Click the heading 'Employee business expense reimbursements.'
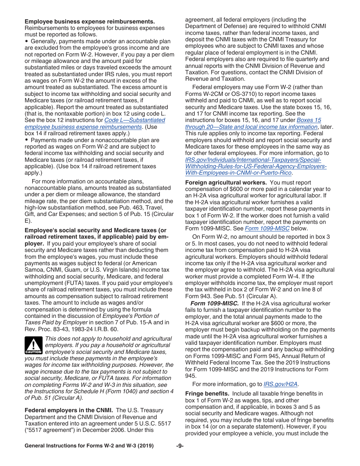(x=90, y=22)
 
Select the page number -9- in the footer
(x=180, y=446)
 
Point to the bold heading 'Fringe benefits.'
(x=207, y=394)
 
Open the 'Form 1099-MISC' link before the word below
(x=267, y=228)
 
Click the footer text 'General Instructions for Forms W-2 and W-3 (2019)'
(x=89, y=446)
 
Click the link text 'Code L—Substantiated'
(x=135, y=120)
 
